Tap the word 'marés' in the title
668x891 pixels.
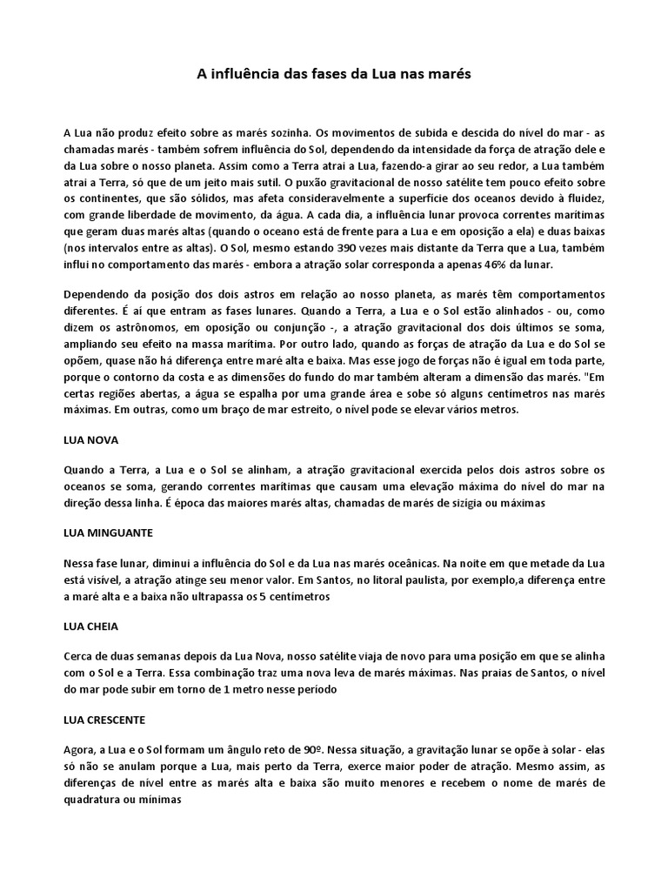[x=451, y=75]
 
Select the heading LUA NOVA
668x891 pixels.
[x=91, y=440]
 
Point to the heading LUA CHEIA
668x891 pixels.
[x=91, y=626]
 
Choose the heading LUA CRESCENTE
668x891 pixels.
[x=105, y=720]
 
